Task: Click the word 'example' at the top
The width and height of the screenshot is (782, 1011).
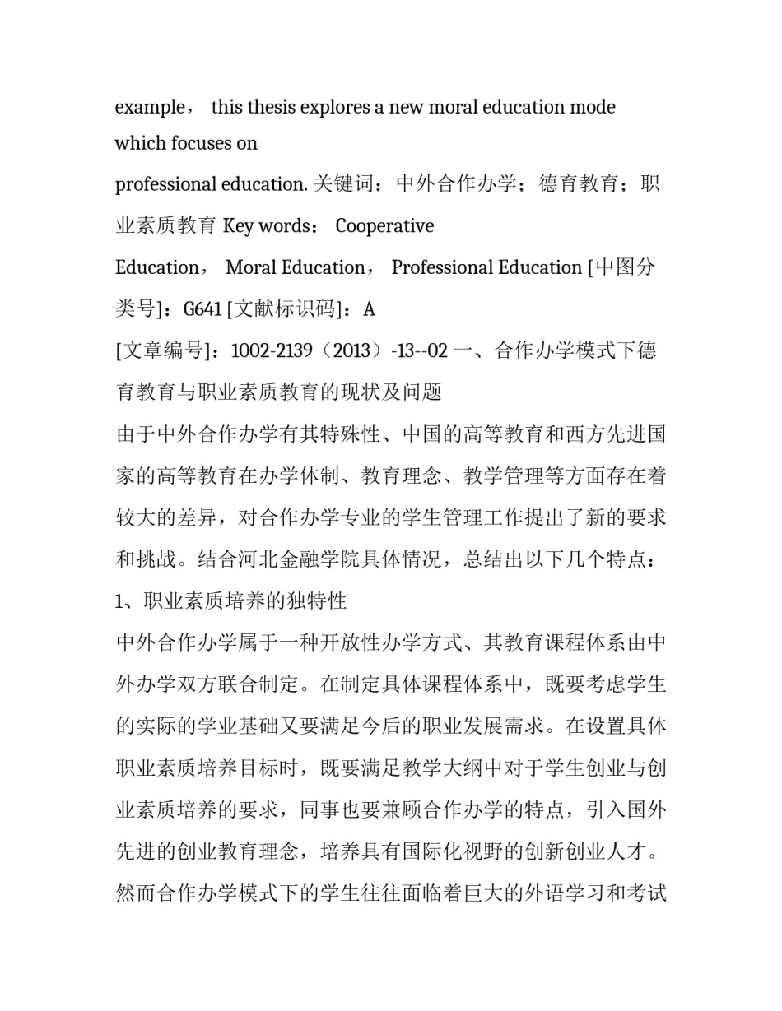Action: tap(150, 108)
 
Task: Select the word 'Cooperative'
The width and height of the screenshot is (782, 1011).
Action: tap(384, 226)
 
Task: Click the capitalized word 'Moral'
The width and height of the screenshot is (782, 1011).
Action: tap(252, 267)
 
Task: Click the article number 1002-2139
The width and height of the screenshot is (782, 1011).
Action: tap(272, 351)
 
